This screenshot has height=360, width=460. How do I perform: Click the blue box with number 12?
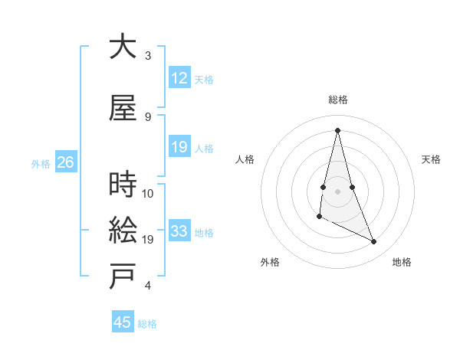(x=179, y=78)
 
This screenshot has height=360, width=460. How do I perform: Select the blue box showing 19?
(x=179, y=147)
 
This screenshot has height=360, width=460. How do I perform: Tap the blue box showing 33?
(x=179, y=231)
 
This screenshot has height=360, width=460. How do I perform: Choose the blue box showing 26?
(x=65, y=162)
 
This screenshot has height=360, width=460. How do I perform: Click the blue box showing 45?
(x=123, y=322)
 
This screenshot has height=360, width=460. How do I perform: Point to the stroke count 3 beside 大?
(x=147, y=56)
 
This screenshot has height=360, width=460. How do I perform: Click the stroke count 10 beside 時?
(x=148, y=193)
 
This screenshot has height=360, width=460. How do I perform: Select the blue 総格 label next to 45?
(x=147, y=324)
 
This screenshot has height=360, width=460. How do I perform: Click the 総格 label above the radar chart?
(x=337, y=100)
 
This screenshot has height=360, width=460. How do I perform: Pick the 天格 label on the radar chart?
(x=431, y=159)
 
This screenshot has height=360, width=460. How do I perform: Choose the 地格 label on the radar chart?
(x=402, y=262)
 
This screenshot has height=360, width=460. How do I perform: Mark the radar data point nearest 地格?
(x=374, y=242)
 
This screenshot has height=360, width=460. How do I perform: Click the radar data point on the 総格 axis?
(x=337, y=130)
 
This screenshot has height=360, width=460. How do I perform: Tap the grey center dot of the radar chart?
(x=337, y=190)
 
